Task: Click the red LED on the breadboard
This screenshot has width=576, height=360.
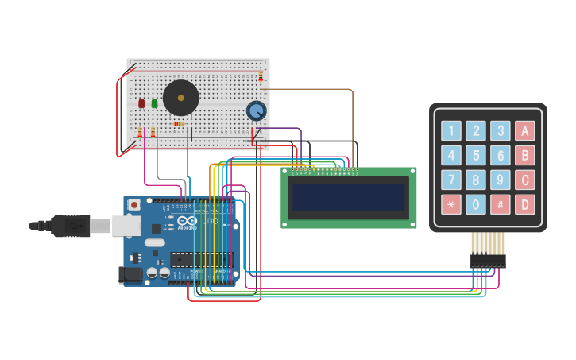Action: click(x=141, y=103)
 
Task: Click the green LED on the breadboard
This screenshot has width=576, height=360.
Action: click(x=154, y=103)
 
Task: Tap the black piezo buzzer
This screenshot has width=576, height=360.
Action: click(x=180, y=98)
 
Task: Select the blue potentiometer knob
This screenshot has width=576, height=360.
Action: click(x=256, y=110)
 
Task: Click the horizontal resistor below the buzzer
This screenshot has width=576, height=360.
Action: click(x=179, y=124)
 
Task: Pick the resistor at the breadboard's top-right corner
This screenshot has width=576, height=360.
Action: click(x=261, y=75)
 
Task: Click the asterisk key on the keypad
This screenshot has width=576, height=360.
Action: click(x=451, y=204)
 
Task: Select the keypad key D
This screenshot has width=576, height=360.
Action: click(x=524, y=204)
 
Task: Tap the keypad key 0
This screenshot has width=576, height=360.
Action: click(x=475, y=204)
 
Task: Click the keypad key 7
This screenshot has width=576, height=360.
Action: click(x=451, y=180)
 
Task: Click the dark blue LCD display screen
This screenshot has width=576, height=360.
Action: click(x=348, y=198)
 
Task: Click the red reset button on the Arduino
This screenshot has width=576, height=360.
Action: click(x=134, y=205)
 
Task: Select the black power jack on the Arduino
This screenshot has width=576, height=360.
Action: click(x=129, y=275)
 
